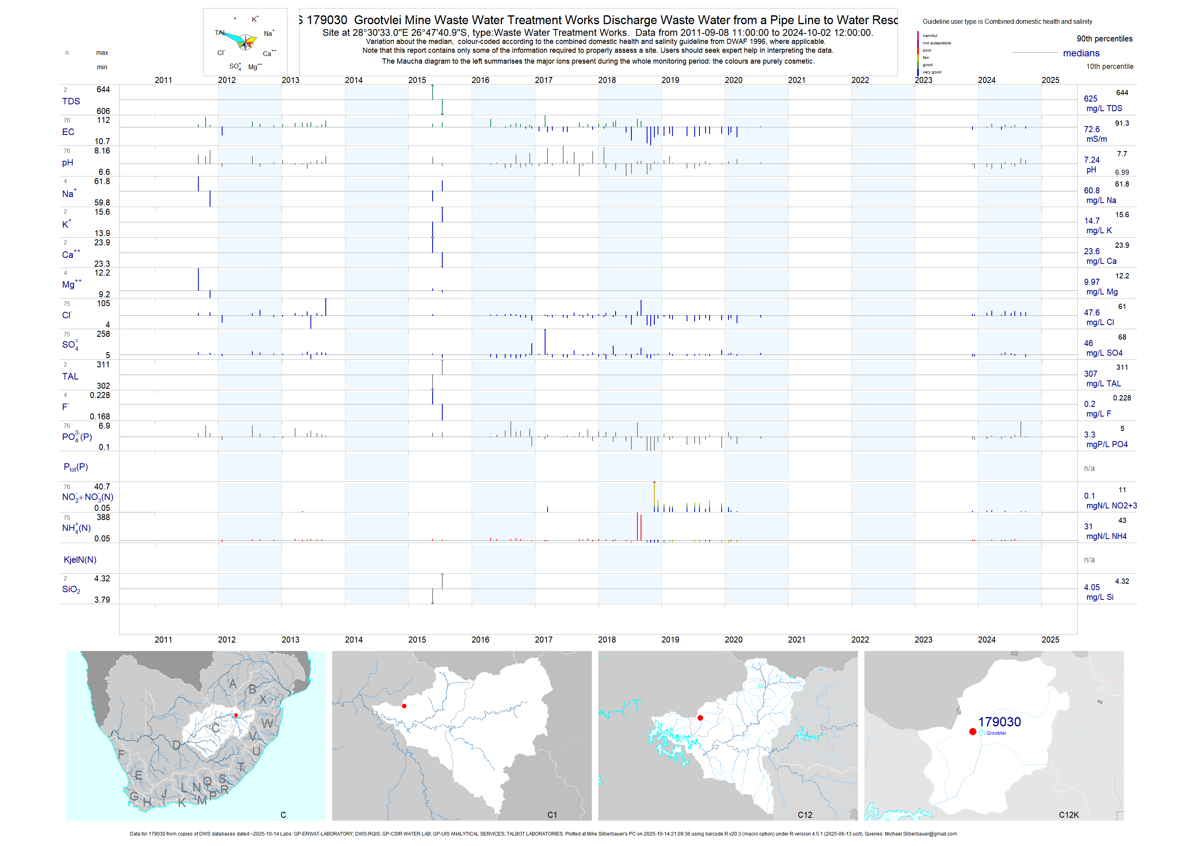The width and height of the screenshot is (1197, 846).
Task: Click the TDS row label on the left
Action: point(71,101)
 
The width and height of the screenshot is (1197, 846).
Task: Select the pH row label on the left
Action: point(67,162)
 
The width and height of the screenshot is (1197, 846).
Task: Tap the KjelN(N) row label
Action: point(80,560)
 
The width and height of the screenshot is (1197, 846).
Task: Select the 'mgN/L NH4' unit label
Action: point(1106,536)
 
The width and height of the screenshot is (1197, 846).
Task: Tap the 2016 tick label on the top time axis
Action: point(480,80)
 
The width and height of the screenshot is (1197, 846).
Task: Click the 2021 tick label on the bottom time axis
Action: point(797,639)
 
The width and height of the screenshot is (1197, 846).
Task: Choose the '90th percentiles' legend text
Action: point(1104,39)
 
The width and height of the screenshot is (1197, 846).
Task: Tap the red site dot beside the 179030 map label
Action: point(972,732)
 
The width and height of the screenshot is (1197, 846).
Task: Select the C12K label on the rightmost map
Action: point(1068,815)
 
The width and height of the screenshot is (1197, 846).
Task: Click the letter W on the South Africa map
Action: point(267,723)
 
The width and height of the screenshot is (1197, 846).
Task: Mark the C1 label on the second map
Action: point(552,815)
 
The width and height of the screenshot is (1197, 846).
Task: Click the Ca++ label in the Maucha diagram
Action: point(269,53)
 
